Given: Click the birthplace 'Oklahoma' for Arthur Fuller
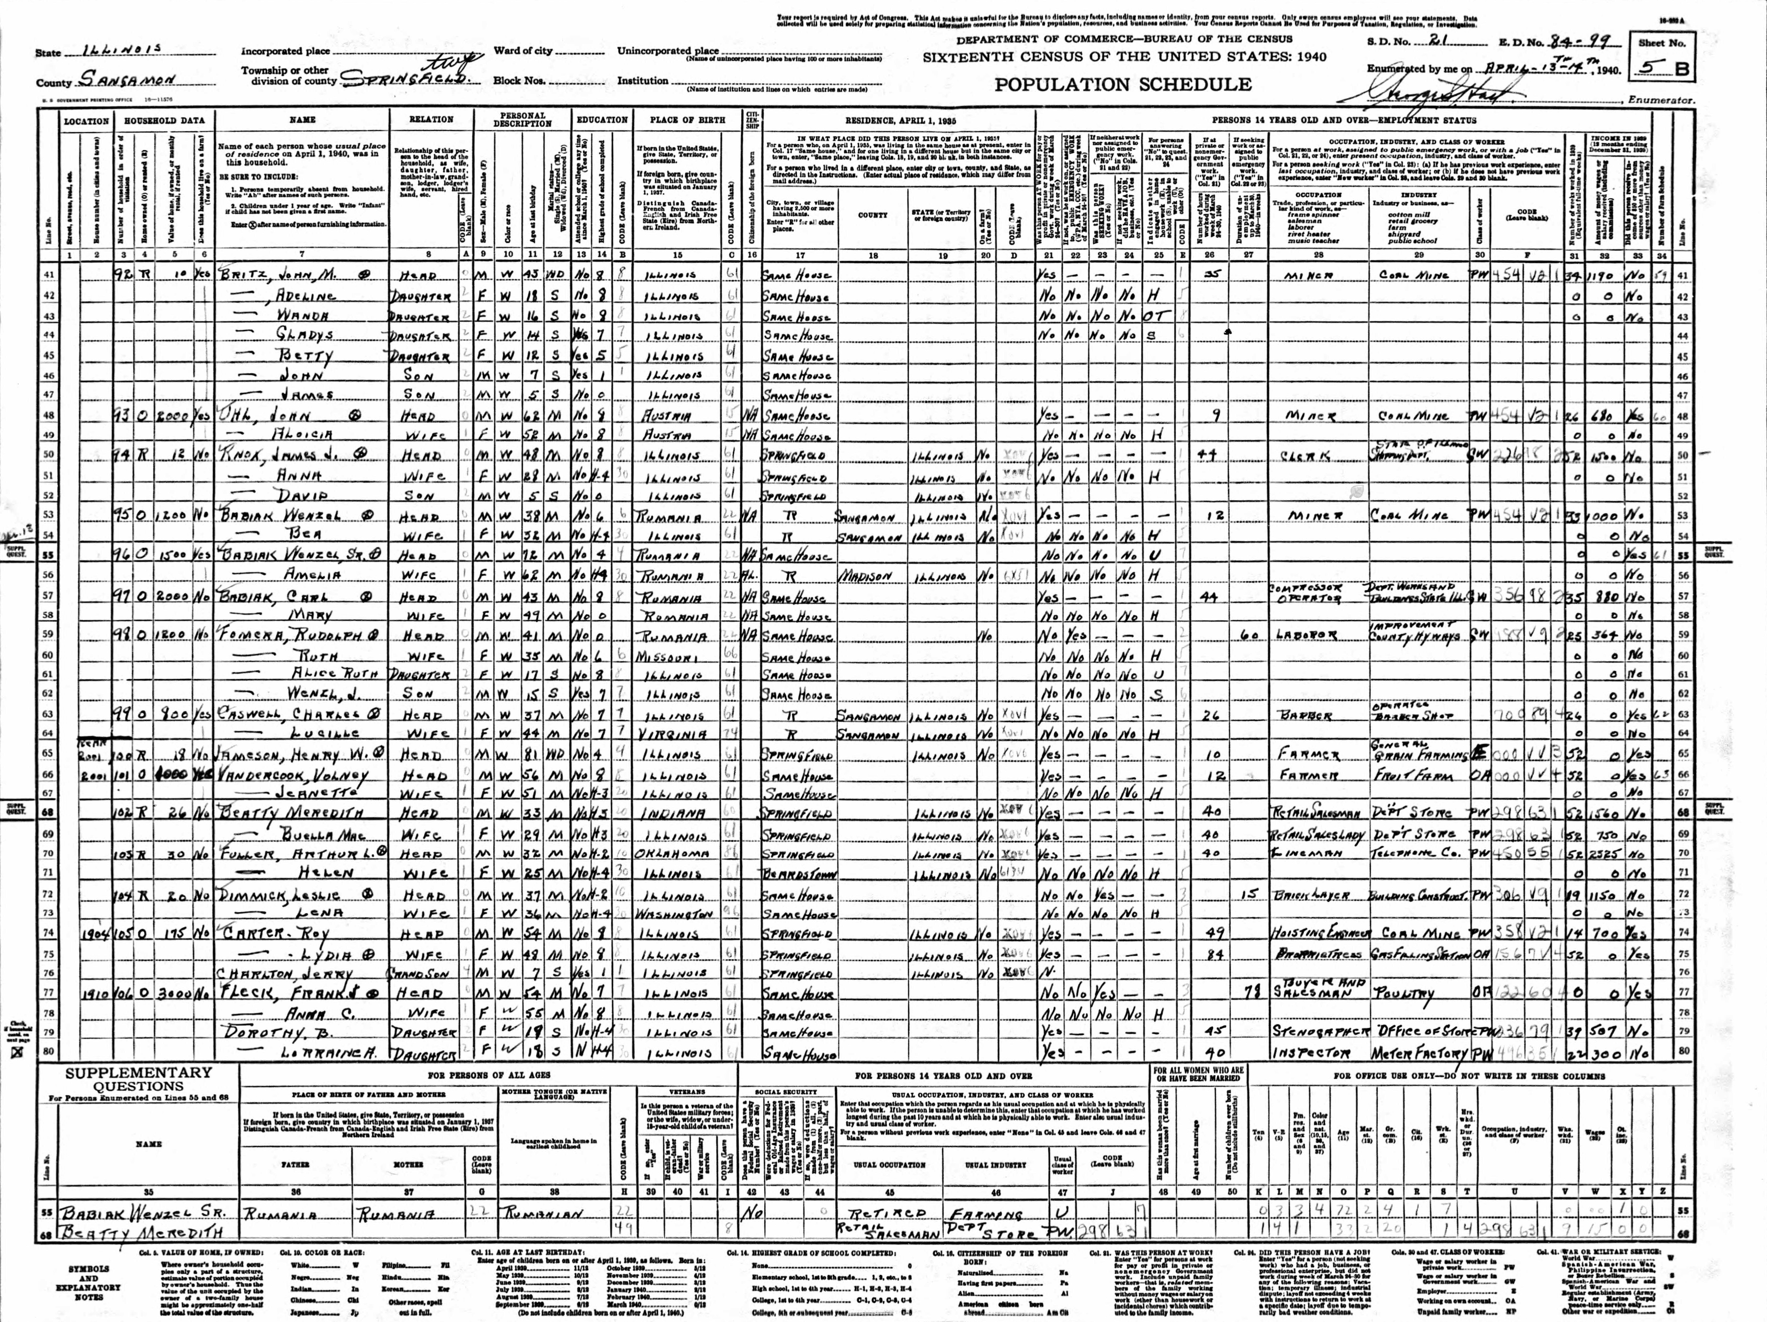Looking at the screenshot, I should click(x=675, y=854).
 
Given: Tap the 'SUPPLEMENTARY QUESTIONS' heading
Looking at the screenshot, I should click(x=139, y=1081).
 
